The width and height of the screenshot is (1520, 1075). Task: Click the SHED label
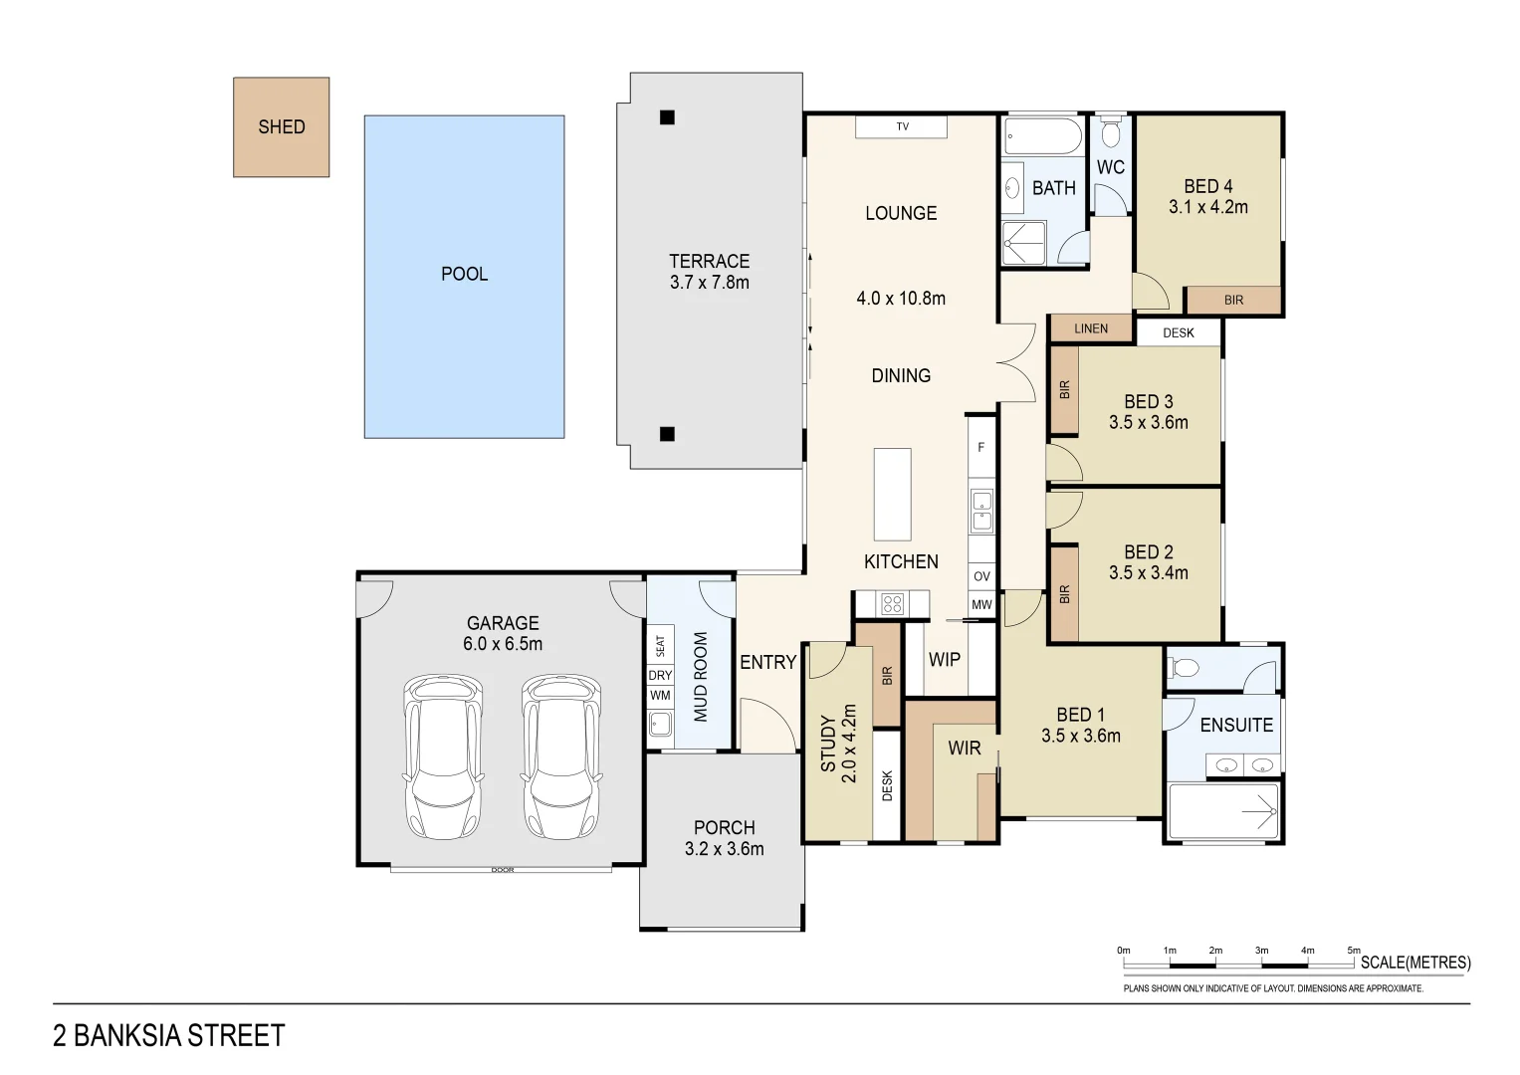click(x=282, y=127)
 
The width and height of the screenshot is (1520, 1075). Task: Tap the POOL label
click(x=464, y=274)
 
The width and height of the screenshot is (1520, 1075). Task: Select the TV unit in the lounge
click(x=901, y=127)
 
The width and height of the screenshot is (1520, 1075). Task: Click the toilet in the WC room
click(x=1110, y=133)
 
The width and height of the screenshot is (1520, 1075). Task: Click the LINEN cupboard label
click(x=1091, y=328)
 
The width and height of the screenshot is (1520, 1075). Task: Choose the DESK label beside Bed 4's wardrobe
click(x=1179, y=333)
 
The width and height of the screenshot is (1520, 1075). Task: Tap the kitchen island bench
click(x=892, y=494)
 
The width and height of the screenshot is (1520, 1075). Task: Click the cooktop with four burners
click(x=892, y=603)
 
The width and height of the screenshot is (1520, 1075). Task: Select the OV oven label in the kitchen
click(x=981, y=577)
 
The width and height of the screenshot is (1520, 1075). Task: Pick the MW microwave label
click(x=981, y=605)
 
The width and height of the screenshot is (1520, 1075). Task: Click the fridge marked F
click(x=981, y=447)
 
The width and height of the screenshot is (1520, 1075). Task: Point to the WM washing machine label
click(x=660, y=696)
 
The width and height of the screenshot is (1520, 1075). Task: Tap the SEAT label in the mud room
click(x=660, y=645)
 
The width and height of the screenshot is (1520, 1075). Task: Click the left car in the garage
click(x=443, y=756)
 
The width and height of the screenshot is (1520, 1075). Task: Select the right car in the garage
click(x=561, y=756)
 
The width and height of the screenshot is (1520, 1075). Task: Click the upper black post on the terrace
click(x=667, y=117)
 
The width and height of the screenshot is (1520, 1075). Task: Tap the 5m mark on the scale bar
click(x=1354, y=951)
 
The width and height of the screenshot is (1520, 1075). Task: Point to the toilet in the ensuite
click(x=1185, y=668)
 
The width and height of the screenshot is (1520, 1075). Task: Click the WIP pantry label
click(x=945, y=660)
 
